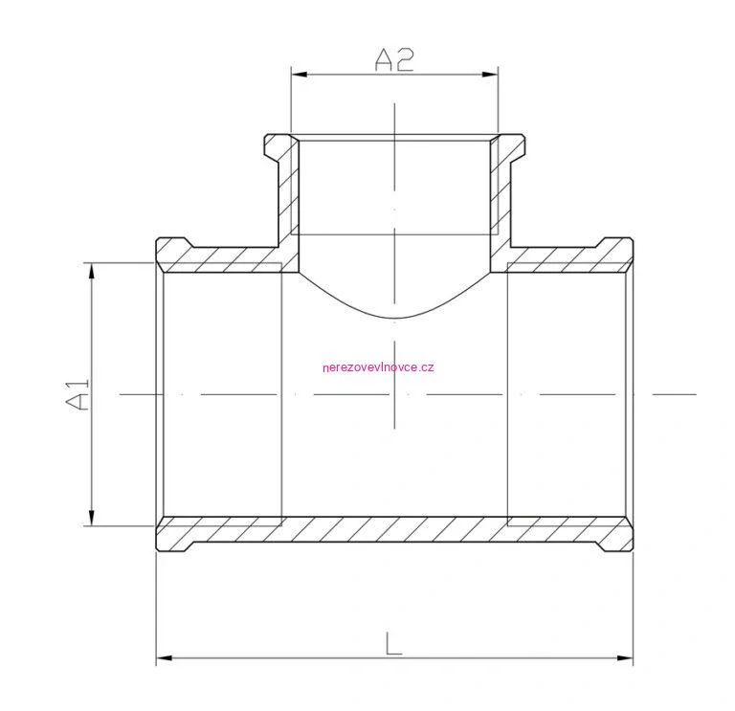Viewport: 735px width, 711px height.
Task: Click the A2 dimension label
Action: [x=394, y=60]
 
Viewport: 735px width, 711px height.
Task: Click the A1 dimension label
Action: [x=78, y=395]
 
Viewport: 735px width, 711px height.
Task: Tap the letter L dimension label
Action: [x=393, y=643]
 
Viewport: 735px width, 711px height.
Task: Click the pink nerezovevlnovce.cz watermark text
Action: [x=378, y=367]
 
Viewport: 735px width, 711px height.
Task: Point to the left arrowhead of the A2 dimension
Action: [x=299, y=74]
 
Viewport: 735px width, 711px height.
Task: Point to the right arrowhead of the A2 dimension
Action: [x=490, y=74]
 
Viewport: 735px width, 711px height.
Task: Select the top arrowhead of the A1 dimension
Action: [x=92, y=271]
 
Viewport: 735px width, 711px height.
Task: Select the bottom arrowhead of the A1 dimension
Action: [x=92, y=518]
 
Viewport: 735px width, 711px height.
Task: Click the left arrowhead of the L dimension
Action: [x=164, y=658]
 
